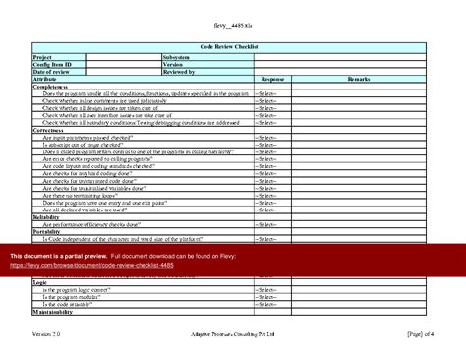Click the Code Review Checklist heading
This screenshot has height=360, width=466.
click(232, 47)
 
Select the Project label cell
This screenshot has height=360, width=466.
click(45, 57)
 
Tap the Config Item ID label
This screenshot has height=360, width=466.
click(53, 65)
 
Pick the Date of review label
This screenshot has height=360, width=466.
click(54, 72)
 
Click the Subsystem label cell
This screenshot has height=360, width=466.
click(180, 57)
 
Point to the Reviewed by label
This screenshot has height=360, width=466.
click(181, 72)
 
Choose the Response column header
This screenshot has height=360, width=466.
click(272, 79)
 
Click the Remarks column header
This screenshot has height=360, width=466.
click(358, 79)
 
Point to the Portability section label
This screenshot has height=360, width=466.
click(48, 231)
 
